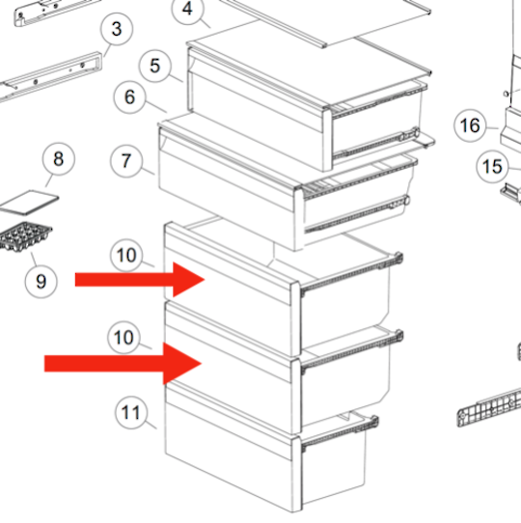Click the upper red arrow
click(140, 280)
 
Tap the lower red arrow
click(123, 364)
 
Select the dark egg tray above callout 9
click(25, 236)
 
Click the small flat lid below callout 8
click(29, 202)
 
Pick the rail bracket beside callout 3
click(50, 77)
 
